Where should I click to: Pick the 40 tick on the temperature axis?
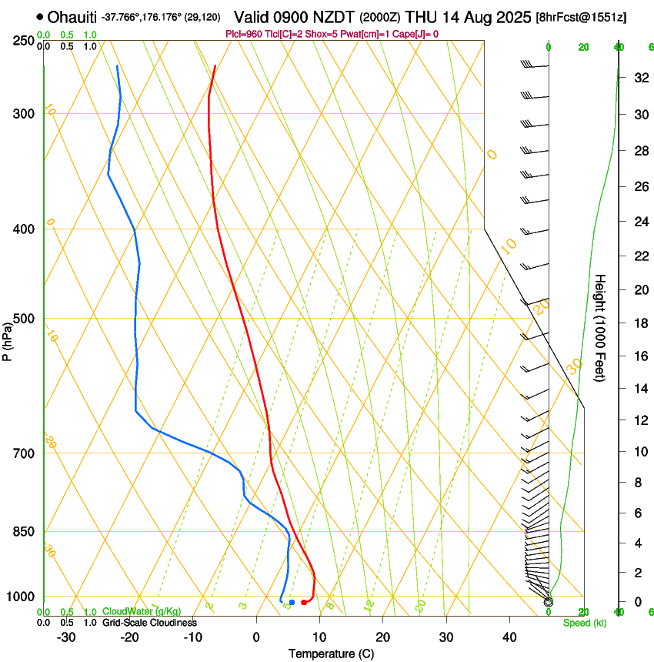click(x=509, y=637)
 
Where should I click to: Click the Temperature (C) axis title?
click(x=331, y=654)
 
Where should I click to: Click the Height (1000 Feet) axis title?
click(x=601, y=327)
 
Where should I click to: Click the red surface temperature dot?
click(x=305, y=602)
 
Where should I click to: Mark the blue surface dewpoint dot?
click(x=292, y=601)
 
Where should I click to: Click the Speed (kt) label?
click(x=584, y=622)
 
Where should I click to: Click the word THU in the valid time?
click(x=421, y=17)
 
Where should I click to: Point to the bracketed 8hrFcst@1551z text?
click(x=581, y=17)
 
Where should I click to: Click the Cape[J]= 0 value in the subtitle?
click(x=419, y=34)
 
